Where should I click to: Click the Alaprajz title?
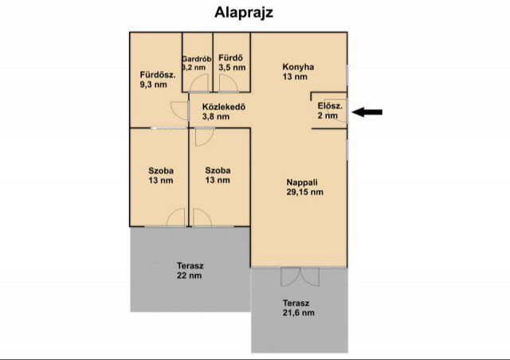coord(244,13)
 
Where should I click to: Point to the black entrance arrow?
coord(367,112)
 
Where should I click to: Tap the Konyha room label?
coord(298,67)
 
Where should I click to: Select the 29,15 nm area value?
coord(304,192)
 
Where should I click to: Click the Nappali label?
coord(302,182)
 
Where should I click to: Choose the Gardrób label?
coord(197,59)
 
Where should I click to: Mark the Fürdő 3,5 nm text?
coord(232,62)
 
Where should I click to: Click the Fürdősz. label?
coord(158,75)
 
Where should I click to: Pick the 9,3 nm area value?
coord(154,84)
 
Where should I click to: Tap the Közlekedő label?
coord(224,107)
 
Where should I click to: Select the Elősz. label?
coord(330,106)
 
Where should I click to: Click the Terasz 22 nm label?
coord(190,271)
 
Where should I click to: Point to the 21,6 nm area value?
coord(299,313)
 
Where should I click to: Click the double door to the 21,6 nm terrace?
coord(300,276)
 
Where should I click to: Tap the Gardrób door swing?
coord(198,83)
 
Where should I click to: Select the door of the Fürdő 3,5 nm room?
coord(229,84)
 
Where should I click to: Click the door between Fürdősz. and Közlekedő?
coord(179,112)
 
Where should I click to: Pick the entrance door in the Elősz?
coord(340,111)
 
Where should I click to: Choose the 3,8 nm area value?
coord(216,116)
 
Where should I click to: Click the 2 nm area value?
coord(328,115)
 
